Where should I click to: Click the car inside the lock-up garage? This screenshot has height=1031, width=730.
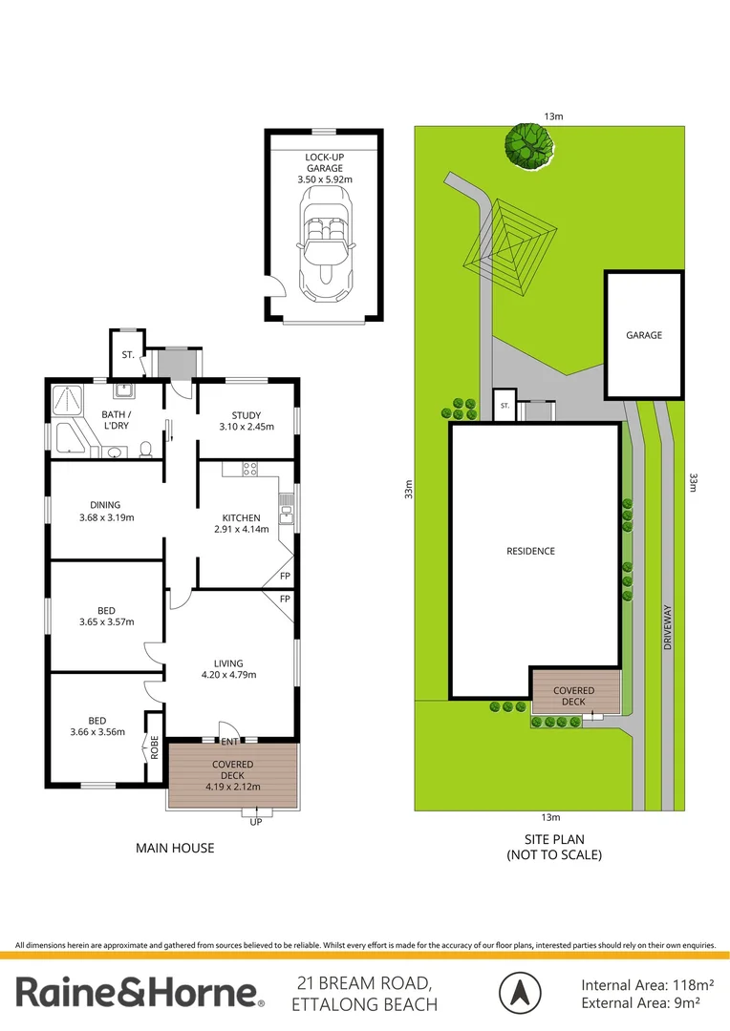click(x=326, y=243)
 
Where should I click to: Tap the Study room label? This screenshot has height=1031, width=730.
click(x=247, y=415)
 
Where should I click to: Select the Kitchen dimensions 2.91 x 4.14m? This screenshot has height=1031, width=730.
click(x=242, y=529)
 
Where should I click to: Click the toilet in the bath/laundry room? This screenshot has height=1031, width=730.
click(x=145, y=449)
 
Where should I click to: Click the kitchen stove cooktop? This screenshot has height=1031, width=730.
click(x=250, y=469)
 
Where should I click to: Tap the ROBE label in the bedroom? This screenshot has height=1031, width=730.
click(x=155, y=747)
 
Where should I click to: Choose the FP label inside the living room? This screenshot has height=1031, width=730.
click(x=285, y=599)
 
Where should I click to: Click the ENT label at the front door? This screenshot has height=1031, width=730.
click(x=229, y=742)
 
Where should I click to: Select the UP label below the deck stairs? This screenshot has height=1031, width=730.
click(x=256, y=822)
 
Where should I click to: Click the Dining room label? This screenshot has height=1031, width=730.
click(x=105, y=505)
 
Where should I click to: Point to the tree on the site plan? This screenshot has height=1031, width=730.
click(x=529, y=146)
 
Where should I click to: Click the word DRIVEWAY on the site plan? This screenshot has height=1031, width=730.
click(x=668, y=627)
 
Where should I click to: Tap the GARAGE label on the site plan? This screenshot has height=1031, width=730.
click(x=644, y=335)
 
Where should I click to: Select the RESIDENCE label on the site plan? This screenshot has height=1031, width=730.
click(x=530, y=551)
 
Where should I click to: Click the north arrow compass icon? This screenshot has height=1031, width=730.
click(x=520, y=993)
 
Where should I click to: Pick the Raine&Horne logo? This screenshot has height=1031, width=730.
click(x=140, y=992)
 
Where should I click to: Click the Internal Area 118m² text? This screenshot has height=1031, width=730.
click(x=648, y=985)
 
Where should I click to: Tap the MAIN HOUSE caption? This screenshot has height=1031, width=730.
click(x=175, y=849)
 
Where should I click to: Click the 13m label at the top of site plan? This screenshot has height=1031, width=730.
click(x=553, y=116)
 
